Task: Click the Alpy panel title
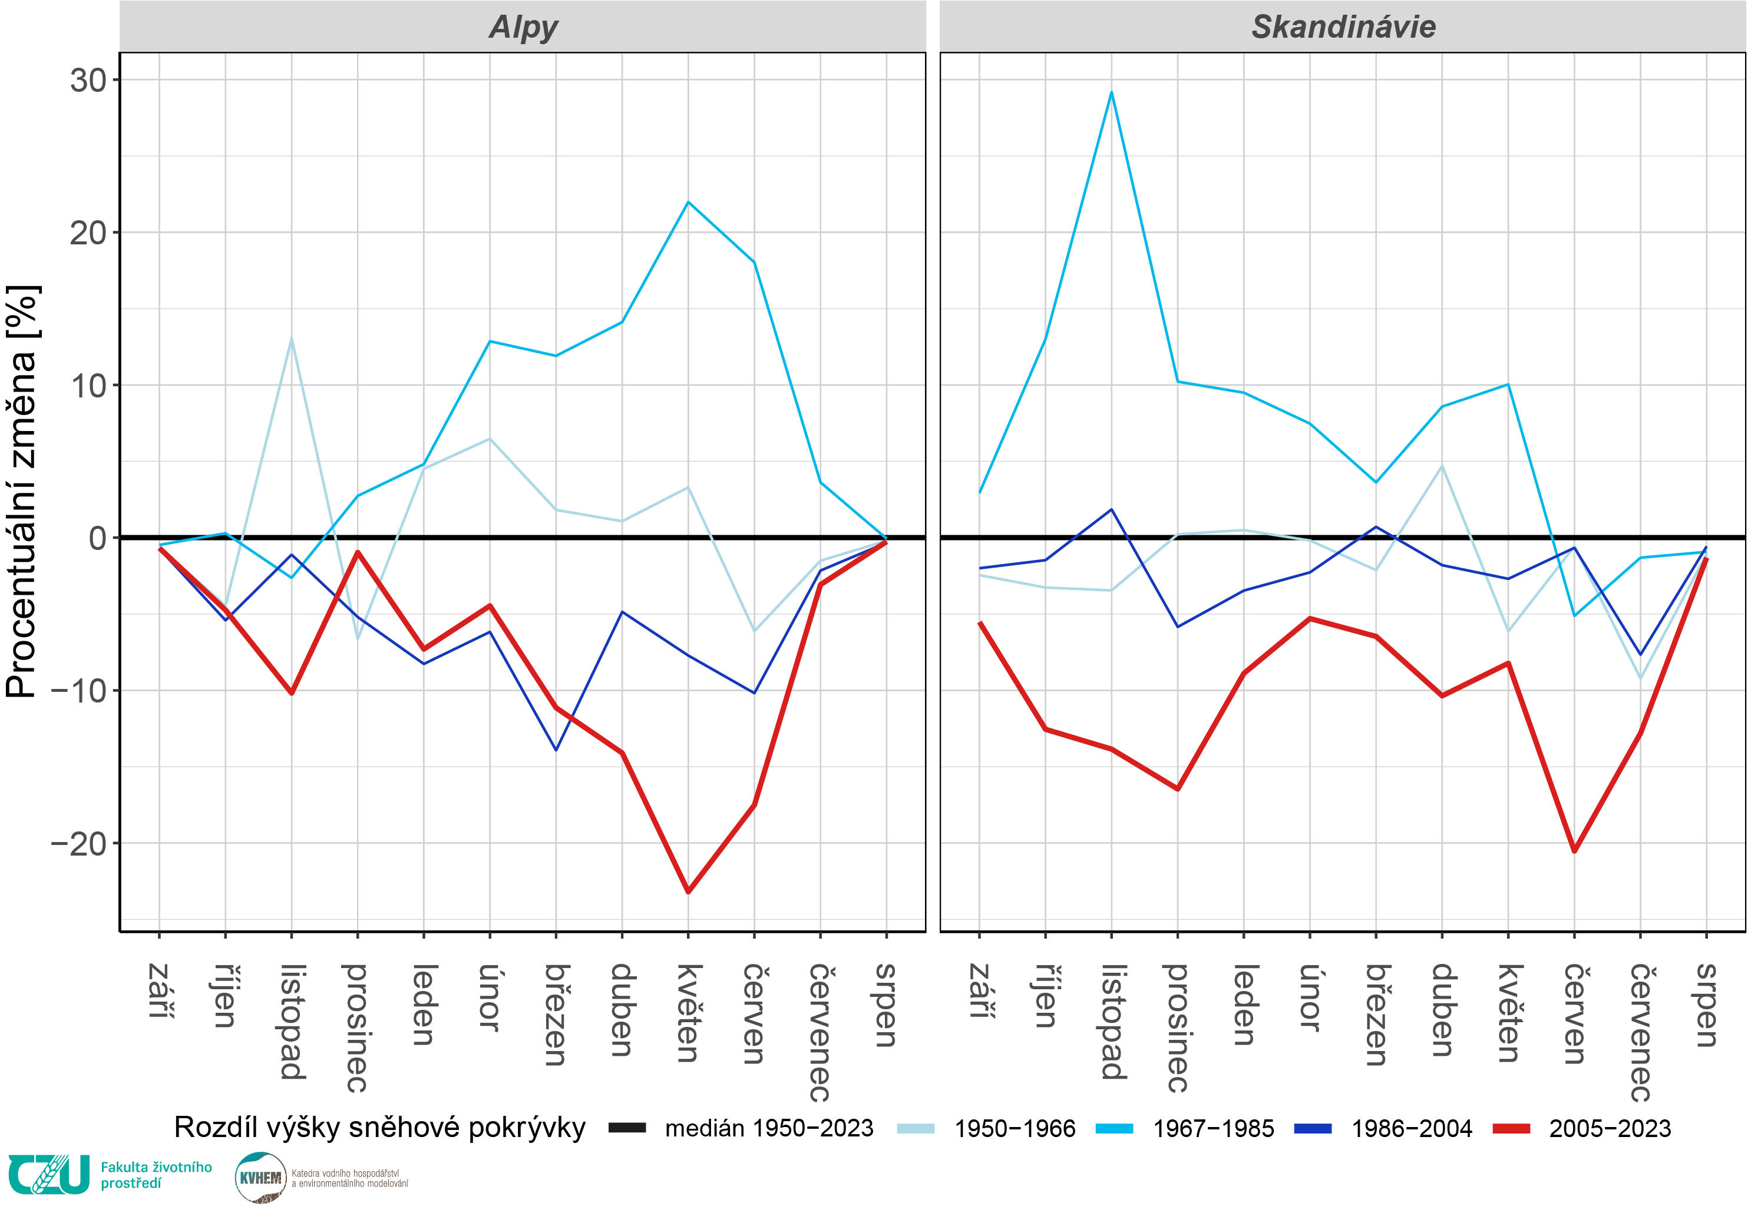click(523, 27)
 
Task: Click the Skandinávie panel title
click(1343, 27)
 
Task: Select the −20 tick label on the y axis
click(79, 844)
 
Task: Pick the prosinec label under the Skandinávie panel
click(1178, 1028)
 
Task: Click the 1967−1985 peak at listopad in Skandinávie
click(1112, 92)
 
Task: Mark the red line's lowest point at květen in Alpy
click(688, 891)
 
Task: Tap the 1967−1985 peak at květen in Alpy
click(688, 202)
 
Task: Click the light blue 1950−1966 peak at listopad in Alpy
click(291, 339)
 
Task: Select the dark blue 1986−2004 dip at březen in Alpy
click(556, 750)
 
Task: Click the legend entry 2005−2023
click(1610, 1129)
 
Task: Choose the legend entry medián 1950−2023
click(768, 1129)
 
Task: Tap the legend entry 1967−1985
click(1212, 1129)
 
